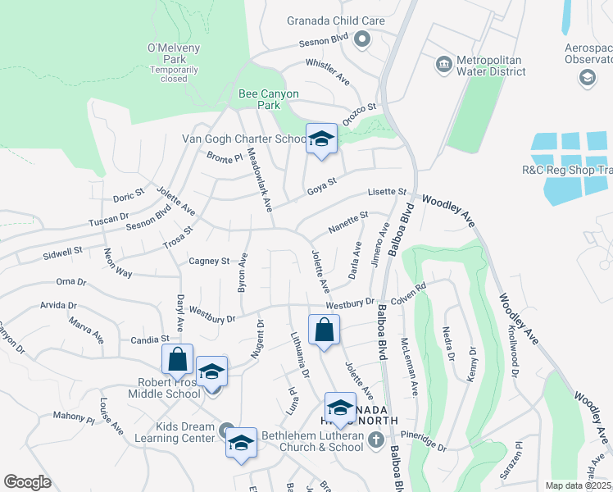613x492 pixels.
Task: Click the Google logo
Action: (x=27, y=481)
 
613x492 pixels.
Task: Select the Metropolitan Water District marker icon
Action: (x=443, y=64)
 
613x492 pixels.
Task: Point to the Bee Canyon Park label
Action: (x=269, y=94)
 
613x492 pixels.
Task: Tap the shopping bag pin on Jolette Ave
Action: (x=325, y=330)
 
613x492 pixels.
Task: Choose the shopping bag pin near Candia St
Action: (x=177, y=359)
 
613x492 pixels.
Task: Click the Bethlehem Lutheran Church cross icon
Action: (x=375, y=441)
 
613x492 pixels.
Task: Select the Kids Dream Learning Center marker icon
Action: (x=228, y=428)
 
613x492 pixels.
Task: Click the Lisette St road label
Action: (x=387, y=192)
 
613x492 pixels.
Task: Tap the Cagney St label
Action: (x=209, y=262)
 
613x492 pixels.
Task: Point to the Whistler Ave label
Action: (x=328, y=68)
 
